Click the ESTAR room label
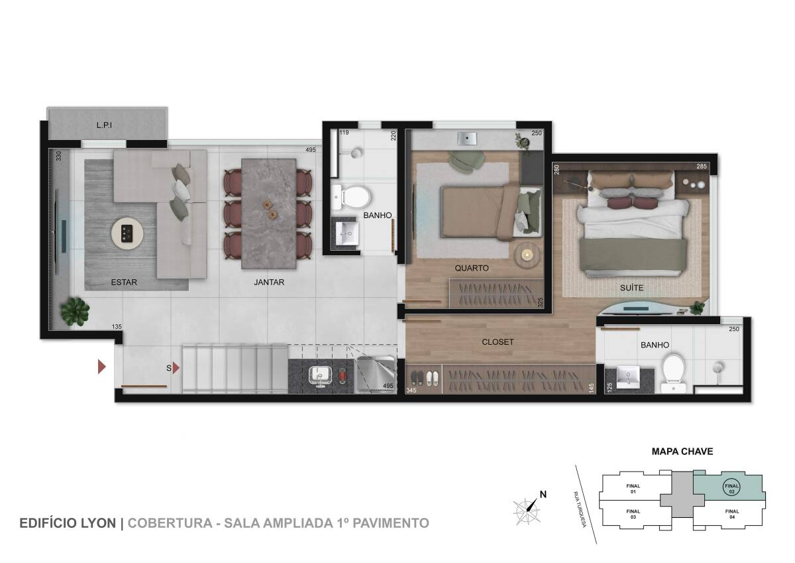click(124, 282)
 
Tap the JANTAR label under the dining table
click(269, 282)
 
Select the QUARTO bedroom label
click(472, 268)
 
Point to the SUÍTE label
click(632, 287)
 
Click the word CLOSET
click(498, 342)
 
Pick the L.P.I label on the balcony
click(105, 125)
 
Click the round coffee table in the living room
click(127, 233)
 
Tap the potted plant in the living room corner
click(75, 312)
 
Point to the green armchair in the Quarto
click(466, 160)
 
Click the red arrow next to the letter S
click(176, 368)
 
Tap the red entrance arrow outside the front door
click(102, 367)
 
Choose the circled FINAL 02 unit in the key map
click(731, 489)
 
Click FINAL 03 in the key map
click(633, 514)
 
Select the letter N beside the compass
click(543, 494)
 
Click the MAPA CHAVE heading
click(682, 452)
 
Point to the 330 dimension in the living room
click(59, 156)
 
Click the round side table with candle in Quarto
click(527, 255)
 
